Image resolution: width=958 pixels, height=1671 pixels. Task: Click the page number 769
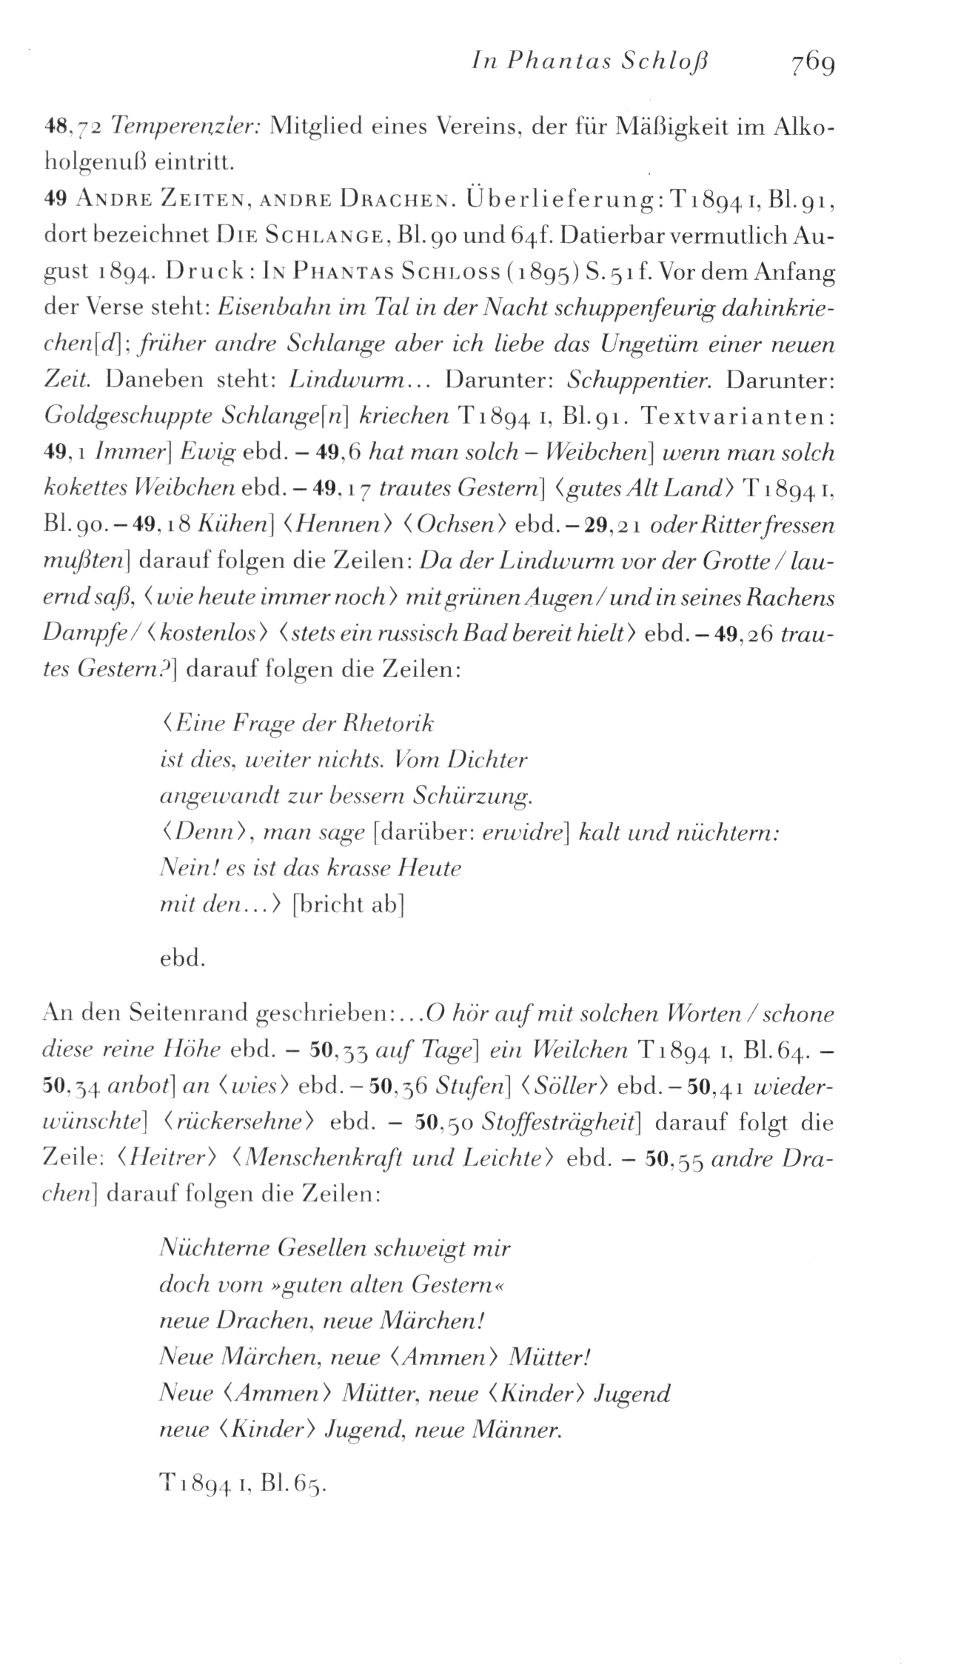click(812, 65)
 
